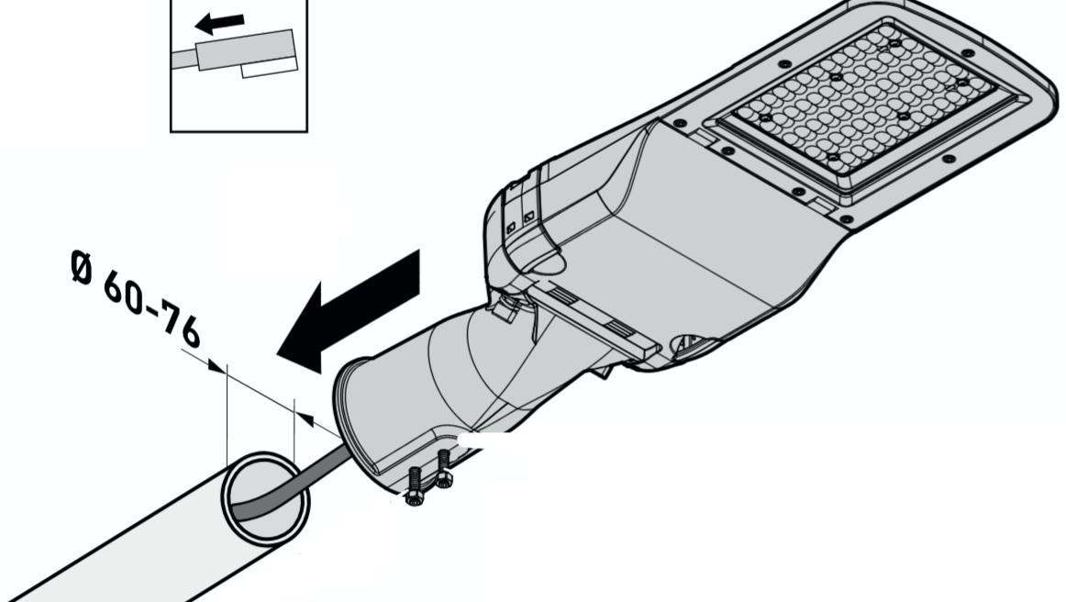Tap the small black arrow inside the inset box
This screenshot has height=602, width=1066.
[x=219, y=24]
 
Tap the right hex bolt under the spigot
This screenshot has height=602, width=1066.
[x=443, y=469]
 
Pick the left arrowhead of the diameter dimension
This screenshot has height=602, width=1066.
[x=217, y=367]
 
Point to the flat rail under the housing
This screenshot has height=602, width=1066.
[x=593, y=318]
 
